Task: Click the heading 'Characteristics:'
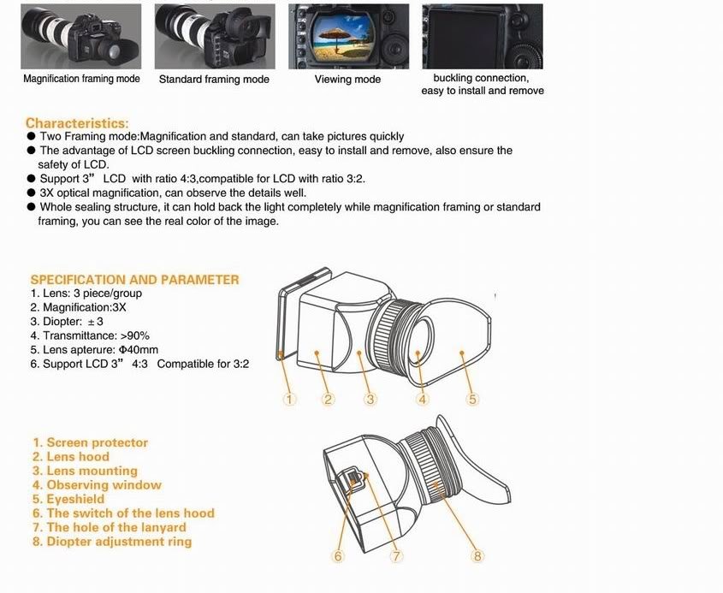click(77, 123)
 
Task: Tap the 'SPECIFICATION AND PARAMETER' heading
click(134, 280)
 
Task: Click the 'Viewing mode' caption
click(347, 80)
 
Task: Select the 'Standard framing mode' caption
click(214, 80)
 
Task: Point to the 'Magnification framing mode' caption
click(81, 79)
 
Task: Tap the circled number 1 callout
click(289, 399)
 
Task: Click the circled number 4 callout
click(423, 399)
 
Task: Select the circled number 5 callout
click(472, 399)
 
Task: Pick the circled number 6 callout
click(338, 556)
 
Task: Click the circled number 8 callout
click(477, 556)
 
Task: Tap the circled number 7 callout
click(396, 556)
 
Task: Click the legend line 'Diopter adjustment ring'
click(112, 542)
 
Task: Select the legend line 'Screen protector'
click(90, 443)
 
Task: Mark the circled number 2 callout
click(329, 399)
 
